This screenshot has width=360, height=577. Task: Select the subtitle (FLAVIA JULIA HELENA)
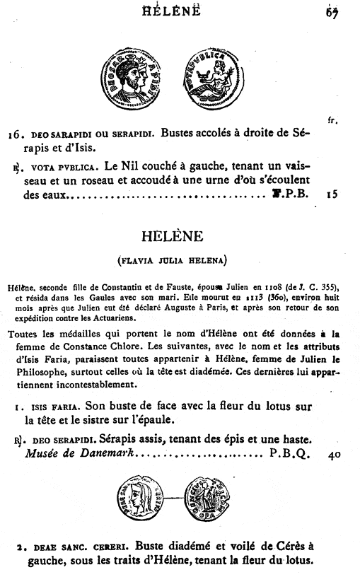click(172, 260)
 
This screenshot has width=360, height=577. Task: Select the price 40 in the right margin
click(334, 456)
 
